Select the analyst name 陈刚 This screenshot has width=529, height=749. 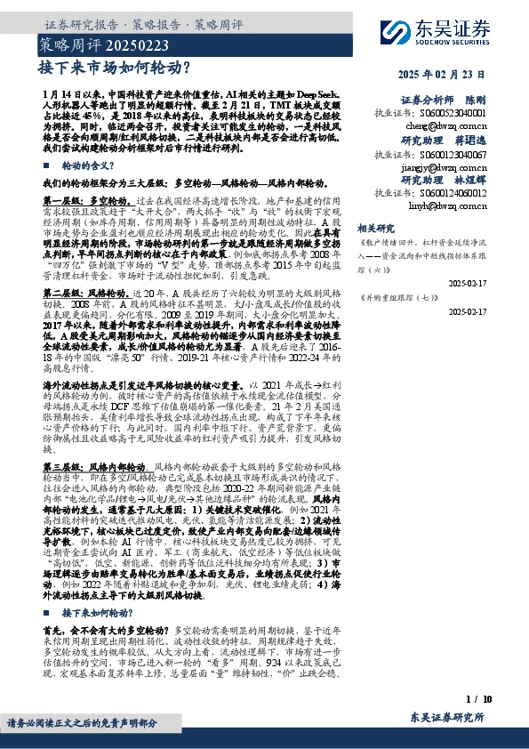(476, 101)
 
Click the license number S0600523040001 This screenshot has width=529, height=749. (441, 114)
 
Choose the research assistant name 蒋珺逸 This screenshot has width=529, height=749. (469, 141)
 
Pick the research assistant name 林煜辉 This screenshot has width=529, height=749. (469, 180)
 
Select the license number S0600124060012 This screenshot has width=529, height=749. (441, 192)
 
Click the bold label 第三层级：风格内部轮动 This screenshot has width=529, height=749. (94, 467)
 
